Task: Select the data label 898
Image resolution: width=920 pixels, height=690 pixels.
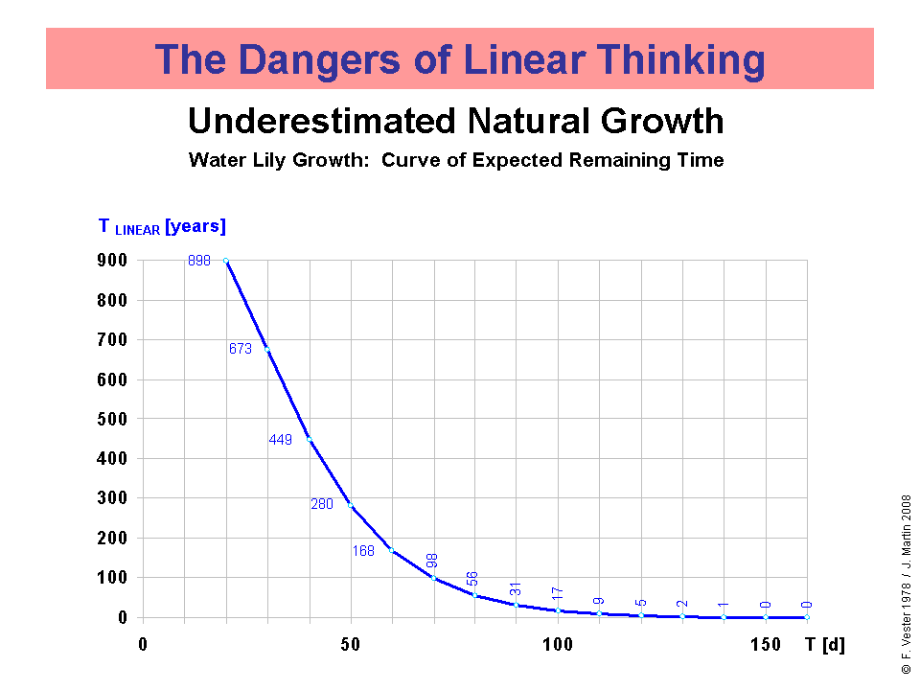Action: (199, 261)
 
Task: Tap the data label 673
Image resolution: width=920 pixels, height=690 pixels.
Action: (240, 350)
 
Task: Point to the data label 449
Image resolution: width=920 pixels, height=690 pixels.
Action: (280, 440)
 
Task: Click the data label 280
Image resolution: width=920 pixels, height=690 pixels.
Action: (321, 504)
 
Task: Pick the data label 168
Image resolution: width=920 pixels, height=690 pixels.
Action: (363, 551)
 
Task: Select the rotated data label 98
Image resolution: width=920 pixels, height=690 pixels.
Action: (432, 562)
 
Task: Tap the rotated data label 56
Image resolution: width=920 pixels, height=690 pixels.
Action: (472, 579)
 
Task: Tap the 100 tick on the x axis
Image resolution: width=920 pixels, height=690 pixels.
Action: (557, 643)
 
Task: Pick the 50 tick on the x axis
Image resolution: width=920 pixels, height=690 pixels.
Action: (350, 643)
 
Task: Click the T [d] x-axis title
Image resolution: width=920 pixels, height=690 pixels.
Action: (825, 643)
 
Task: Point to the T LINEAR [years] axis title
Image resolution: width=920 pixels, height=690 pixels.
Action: (162, 227)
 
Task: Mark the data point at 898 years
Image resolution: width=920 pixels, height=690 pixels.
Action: (225, 261)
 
